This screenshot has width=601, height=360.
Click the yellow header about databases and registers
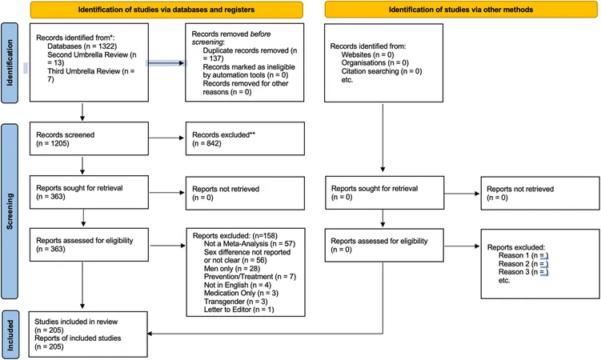(x=166, y=10)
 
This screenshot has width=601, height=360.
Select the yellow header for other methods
(x=461, y=10)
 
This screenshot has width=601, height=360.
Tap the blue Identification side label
(x=10, y=63)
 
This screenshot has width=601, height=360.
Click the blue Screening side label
(x=10, y=211)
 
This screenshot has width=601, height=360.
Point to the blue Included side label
(x=10, y=334)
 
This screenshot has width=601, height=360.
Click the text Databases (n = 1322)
(x=82, y=46)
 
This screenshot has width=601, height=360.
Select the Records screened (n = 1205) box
(x=89, y=138)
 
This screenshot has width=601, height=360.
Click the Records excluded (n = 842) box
(x=245, y=138)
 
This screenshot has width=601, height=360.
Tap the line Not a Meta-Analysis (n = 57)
(x=250, y=243)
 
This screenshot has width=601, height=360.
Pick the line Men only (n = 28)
(x=232, y=269)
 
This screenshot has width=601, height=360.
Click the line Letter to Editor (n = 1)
(x=238, y=310)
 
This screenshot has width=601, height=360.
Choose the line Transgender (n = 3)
(x=236, y=302)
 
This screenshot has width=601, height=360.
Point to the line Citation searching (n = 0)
(x=382, y=71)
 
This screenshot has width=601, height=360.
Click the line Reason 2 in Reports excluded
(x=523, y=264)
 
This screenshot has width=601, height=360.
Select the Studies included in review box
(x=88, y=334)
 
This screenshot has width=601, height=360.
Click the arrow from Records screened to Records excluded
(x=166, y=138)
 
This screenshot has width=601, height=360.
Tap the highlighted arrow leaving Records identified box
(x=166, y=63)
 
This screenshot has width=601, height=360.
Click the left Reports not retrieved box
(x=245, y=193)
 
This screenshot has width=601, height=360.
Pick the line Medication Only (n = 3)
(x=241, y=293)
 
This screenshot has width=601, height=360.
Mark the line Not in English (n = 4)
(x=237, y=285)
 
